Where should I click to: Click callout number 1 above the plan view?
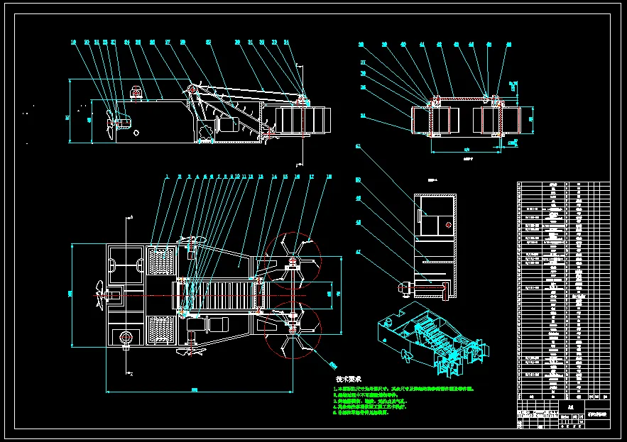167,176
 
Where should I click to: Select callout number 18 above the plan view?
329,176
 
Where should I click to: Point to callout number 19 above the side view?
73,43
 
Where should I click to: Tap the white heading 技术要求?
349,379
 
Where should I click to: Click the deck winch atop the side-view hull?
136,92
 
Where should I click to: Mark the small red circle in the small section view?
448,224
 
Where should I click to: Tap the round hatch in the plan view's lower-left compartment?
126,336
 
